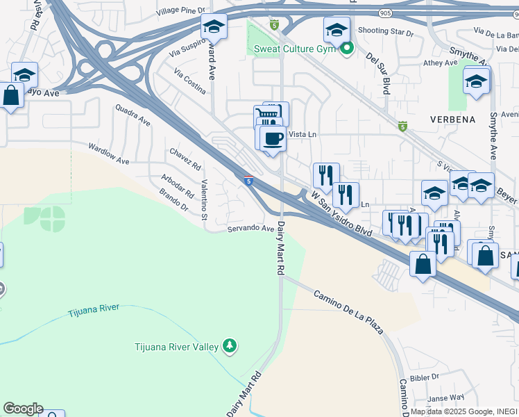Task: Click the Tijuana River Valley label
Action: pos(176,346)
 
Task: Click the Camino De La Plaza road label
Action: pos(348,312)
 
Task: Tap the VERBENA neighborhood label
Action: pos(452,119)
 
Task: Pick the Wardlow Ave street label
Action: pos(108,154)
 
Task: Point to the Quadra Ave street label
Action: pos(133,115)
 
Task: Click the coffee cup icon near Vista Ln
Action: pos(273,138)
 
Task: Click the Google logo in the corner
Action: pos(23,409)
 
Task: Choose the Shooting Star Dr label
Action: pos(386,33)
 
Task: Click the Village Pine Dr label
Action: pos(181,11)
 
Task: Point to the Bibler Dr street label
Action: pos(425,377)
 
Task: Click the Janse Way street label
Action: pos(445,398)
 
